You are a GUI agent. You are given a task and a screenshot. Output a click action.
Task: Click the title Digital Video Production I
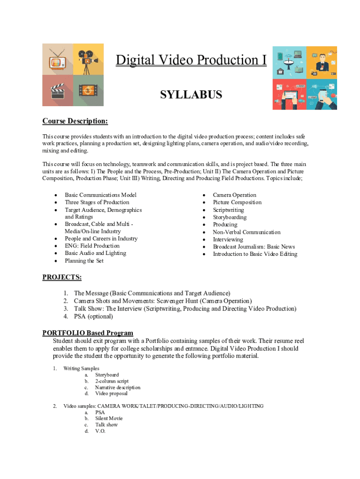pos(191,60)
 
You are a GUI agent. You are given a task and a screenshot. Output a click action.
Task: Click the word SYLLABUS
pos(191,95)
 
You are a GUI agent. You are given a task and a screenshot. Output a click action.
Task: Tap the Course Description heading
pos(75,122)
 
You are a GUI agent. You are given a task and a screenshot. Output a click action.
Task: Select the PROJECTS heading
pos(62,277)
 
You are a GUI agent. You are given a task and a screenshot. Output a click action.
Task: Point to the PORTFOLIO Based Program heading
pos(88,333)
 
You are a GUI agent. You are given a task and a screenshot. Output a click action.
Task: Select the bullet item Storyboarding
pos(230,217)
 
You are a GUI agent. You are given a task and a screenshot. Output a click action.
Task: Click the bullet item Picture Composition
pos(237,203)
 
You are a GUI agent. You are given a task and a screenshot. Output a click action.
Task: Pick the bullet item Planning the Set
pos(84,261)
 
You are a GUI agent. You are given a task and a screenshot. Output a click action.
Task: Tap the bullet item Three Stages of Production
pos(97,203)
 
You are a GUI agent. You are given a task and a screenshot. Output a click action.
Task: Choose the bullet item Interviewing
pos(228,239)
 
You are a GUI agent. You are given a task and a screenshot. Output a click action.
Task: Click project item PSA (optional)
pos(94,316)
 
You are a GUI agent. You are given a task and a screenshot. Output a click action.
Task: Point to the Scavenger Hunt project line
pos(163,301)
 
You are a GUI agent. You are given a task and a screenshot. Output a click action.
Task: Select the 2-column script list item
pos(112,381)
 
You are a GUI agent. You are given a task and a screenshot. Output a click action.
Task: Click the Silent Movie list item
pos(109,418)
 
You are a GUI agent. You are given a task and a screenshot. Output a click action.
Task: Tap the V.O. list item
pos(101,431)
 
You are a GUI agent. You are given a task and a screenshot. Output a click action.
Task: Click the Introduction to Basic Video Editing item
pos(255,254)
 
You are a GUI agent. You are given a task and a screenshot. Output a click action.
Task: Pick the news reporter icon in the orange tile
pos(321,61)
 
